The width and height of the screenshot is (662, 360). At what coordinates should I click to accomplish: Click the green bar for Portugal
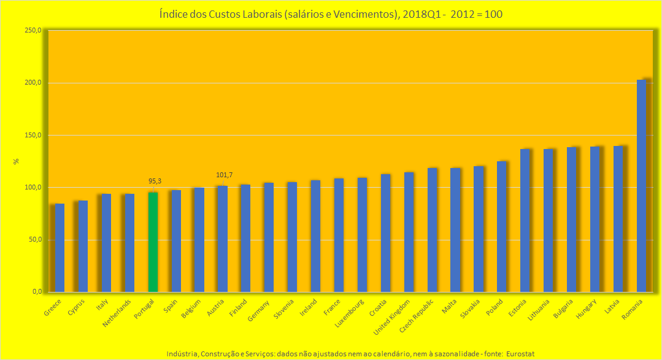(153, 242)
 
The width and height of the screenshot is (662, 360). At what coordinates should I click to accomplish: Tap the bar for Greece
(60, 248)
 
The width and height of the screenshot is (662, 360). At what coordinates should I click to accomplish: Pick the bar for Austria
(223, 239)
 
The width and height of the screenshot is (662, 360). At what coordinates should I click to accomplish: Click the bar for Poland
(502, 226)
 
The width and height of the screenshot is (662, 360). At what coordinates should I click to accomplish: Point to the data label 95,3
(155, 181)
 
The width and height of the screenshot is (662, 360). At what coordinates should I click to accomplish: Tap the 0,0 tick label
(36, 292)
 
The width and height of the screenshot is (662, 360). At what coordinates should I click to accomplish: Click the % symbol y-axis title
(17, 161)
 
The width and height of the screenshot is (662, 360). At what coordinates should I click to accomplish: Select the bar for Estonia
(525, 220)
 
